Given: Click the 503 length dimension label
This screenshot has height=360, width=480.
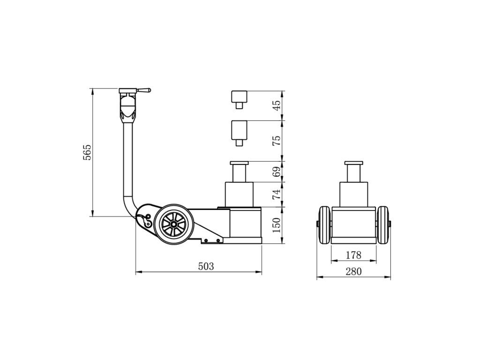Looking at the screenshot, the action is coord(206,266).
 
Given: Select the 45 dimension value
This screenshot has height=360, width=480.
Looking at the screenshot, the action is coord(277,105).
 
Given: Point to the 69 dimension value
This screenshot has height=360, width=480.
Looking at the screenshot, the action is coord(277,172).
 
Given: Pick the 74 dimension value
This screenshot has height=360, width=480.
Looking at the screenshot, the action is coord(277,195).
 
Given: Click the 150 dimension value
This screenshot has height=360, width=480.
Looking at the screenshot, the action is coord(277,225).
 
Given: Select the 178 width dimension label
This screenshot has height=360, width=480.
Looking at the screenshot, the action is coord(353,255).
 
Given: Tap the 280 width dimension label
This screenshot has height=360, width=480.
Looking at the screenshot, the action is coord(353,271).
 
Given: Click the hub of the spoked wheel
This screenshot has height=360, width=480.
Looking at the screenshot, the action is coord(173,225).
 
